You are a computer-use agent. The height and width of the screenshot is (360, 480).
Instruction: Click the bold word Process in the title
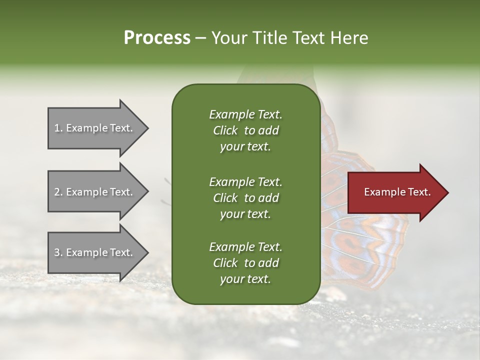coord(157,38)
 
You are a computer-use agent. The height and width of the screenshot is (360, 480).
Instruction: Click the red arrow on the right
coord(395,192)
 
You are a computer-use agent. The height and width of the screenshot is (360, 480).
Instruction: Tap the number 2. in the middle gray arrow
coord(58,192)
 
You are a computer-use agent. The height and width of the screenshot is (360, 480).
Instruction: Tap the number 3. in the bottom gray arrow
coord(58,252)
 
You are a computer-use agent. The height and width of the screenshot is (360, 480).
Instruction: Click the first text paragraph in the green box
coord(245,130)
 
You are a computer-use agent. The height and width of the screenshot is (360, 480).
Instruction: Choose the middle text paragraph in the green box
coord(245,198)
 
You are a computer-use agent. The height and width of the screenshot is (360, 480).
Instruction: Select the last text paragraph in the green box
coord(245,263)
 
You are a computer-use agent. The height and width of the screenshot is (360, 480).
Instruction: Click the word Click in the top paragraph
coord(225,130)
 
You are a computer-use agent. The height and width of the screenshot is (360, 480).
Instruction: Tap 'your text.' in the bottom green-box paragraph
coord(245,279)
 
